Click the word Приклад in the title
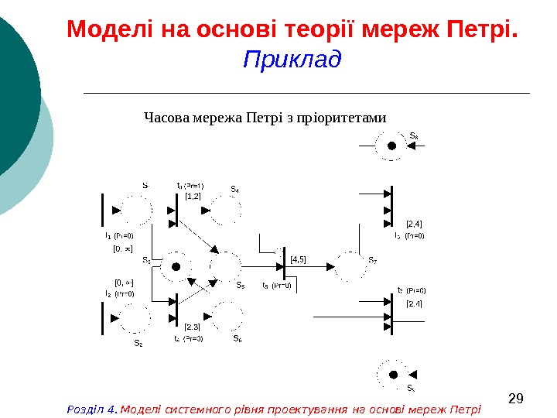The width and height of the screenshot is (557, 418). [x=292, y=60]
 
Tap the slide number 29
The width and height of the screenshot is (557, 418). [x=516, y=399]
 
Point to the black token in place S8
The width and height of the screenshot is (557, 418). [x=392, y=146]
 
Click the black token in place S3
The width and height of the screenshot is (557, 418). [x=176, y=266]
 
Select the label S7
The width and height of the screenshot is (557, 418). [x=373, y=260]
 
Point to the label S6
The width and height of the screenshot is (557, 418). [x=237, y=338]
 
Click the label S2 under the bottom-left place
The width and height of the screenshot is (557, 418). [x=138, y=342]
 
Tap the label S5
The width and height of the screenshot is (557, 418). [x=240, y=284]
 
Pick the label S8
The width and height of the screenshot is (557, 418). [x=414, y=136]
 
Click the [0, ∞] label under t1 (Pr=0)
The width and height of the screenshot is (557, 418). [x=123, y=248]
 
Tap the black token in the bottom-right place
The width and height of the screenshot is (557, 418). [x=392, y=373]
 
